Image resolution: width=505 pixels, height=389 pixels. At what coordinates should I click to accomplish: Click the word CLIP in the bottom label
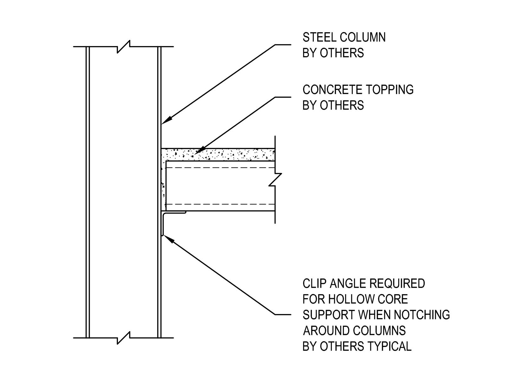pos(314,283)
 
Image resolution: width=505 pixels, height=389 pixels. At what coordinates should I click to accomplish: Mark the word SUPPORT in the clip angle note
pos(329,315)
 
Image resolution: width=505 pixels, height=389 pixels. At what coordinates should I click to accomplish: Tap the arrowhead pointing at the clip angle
pos(169,239)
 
